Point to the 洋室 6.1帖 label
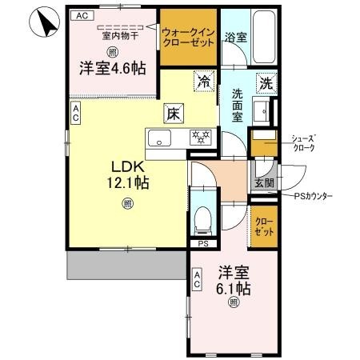pos(233,280)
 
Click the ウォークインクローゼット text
pos(188,37)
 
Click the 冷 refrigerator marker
pos(204,81)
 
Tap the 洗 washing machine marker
pos(266,81)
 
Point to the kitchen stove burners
pos(199,138)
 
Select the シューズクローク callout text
pos(304,143)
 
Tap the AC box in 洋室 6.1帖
pos(197,278)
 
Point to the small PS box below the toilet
pos(203,244)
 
